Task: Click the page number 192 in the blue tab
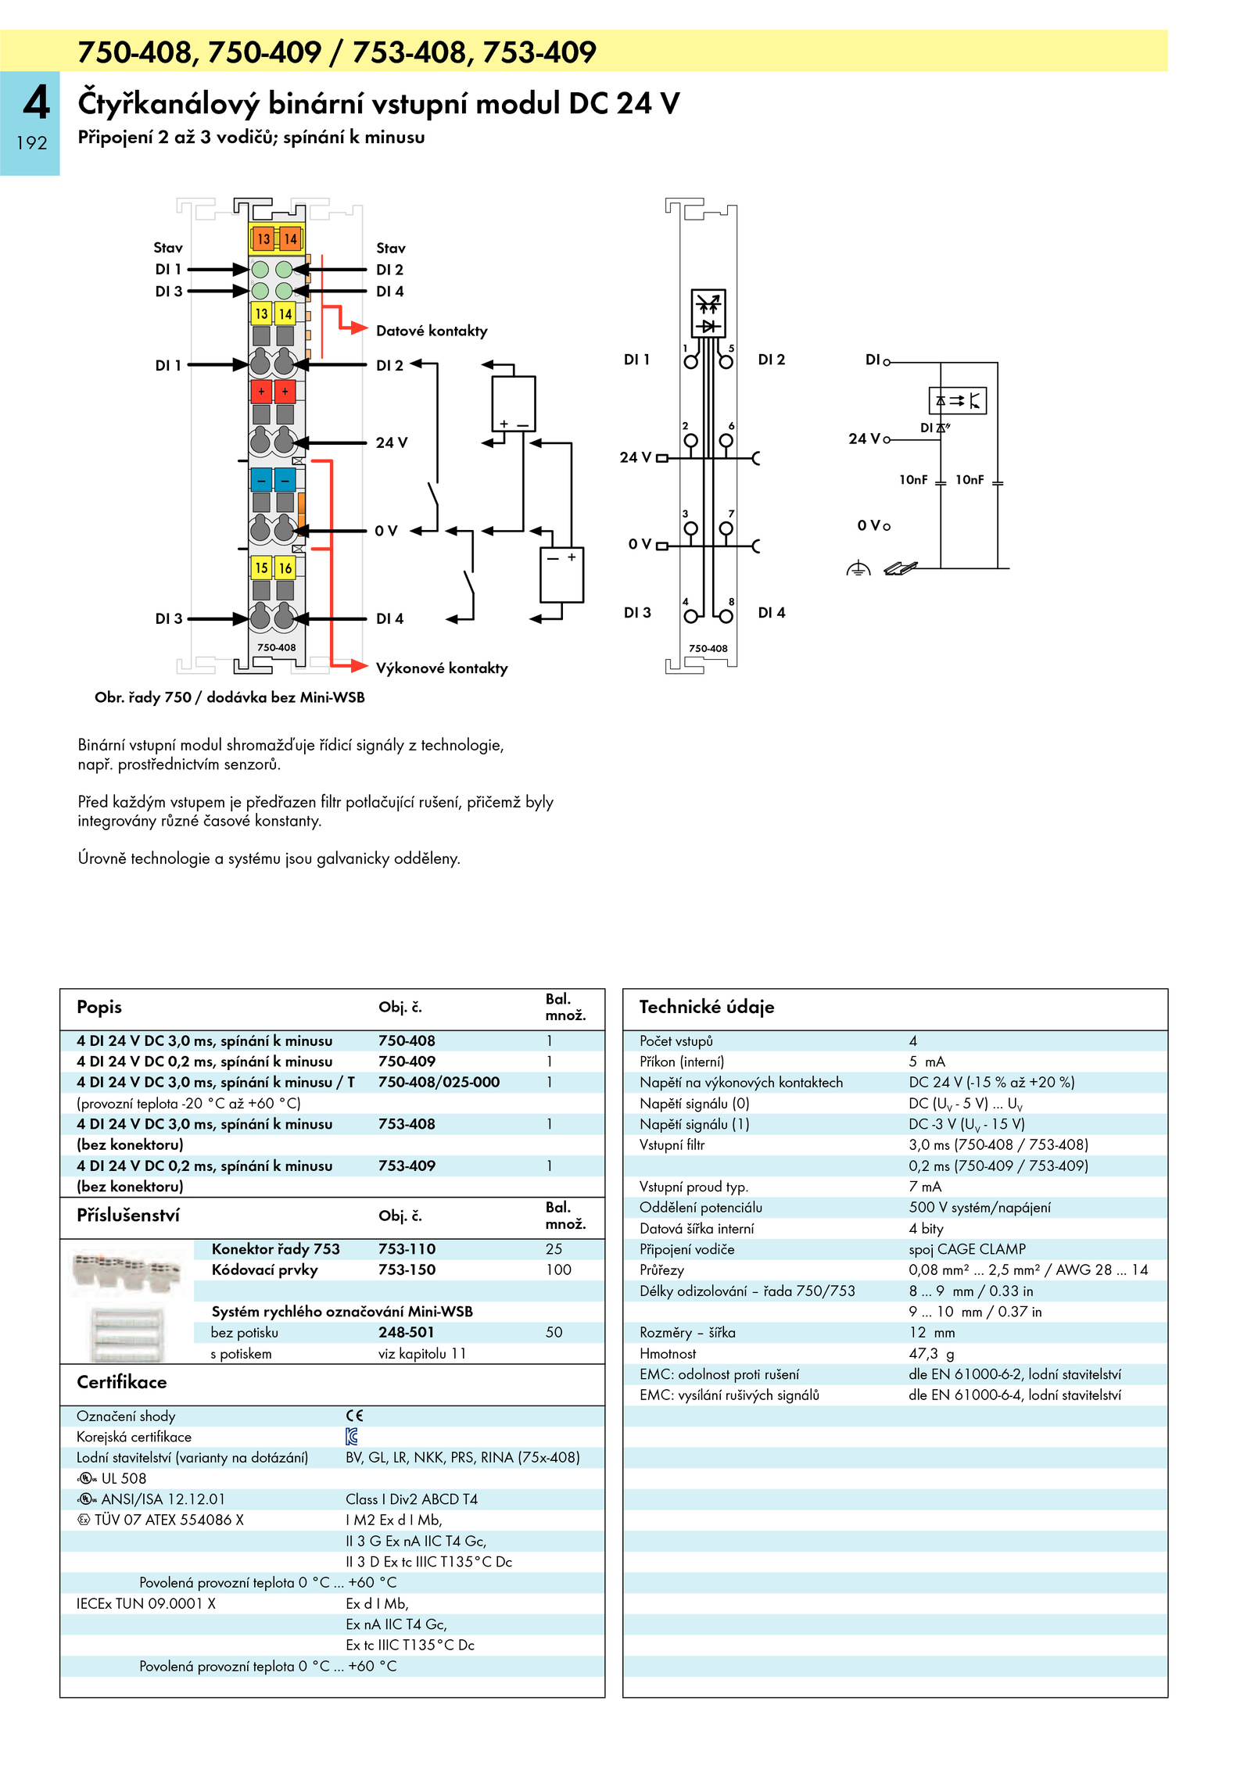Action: point(32,143)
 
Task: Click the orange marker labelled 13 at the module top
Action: point(263,238)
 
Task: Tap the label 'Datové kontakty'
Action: point(432,331)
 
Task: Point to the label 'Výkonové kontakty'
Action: point(442,668)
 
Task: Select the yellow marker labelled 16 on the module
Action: point(285,568)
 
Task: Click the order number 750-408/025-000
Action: point(439,1082)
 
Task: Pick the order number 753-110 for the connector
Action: point(407,1249)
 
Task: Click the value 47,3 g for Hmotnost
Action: point(931,1354)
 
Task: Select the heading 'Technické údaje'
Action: point(707,1007)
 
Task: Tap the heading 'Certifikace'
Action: point(122,1382)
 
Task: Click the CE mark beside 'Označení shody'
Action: point(355,1416)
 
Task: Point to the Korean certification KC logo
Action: point(352,1436)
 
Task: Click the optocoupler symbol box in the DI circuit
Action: point(958,401)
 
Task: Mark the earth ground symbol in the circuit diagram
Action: point(858,568)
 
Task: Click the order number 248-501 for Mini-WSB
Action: point(406,1332)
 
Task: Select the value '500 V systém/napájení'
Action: point(980,1208)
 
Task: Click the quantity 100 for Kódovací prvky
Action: point(558,1269)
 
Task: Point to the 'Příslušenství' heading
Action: point(128,1216)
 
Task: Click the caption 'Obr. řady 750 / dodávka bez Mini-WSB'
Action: point(230,697)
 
